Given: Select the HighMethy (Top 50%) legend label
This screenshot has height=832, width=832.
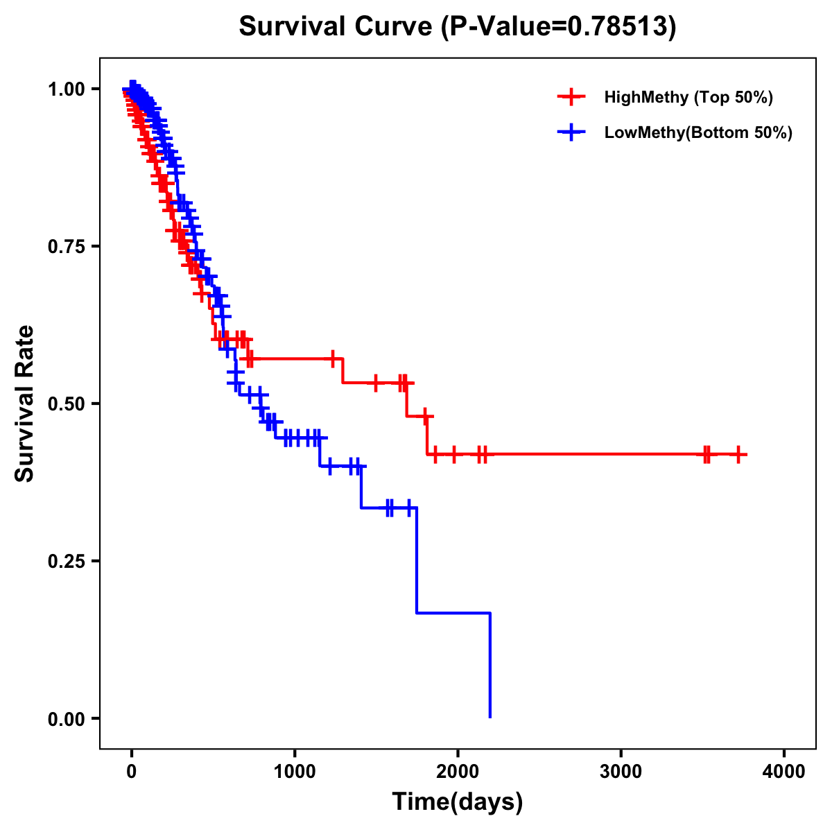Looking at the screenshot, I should click(x=688, y=97).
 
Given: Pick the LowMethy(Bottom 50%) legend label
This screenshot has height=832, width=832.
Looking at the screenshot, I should click(x=698, y=132).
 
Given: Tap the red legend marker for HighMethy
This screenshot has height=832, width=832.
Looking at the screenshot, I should click(x=571, y=97).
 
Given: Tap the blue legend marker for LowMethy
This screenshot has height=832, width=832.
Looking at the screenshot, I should click(x=571, y=132).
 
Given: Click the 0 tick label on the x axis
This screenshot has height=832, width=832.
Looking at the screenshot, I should click(x=132, y=772).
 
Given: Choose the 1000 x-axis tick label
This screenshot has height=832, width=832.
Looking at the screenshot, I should click(x=295, y=772).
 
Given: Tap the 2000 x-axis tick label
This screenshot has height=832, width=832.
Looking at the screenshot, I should click(x=458, y=772).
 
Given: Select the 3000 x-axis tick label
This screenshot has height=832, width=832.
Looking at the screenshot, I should click(x=621, y=772).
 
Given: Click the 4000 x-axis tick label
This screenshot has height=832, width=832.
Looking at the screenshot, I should click(x=783, y=772).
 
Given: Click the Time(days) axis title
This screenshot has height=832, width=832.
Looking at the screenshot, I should click(x=457, y=802).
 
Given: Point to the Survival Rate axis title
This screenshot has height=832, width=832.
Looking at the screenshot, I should click(x=25, y=403).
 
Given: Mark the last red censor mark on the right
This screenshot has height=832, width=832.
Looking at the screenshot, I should click(x=739, y=454).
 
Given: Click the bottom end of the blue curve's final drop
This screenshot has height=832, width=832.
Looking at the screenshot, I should click(x=490, y=717).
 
